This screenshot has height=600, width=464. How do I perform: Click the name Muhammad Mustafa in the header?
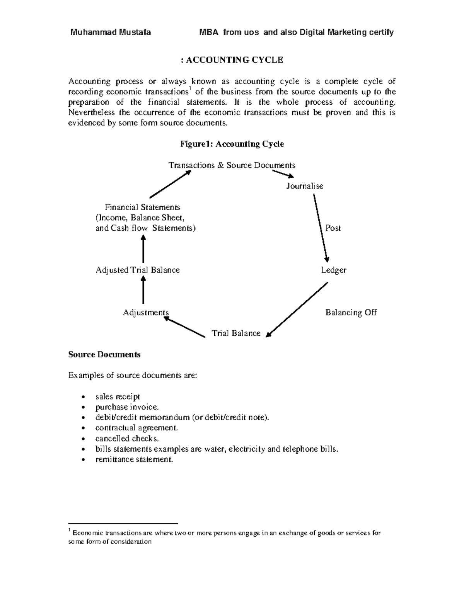click(x=110, y=32)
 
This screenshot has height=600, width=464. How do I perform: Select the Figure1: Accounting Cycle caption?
click(x=232, y=144)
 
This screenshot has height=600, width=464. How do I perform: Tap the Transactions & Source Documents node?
click(x=232, y=165)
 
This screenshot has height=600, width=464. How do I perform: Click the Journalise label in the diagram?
click(x=305, y=186)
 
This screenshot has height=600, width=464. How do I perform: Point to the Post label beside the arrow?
click(x=333, y=228)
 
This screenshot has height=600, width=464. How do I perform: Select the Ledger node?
click(x=333, y=270)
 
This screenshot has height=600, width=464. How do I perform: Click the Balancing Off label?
click(x=351, y=313)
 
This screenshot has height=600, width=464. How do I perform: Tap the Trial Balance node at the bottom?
click(x=236, y=333)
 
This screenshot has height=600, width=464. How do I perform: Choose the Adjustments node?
click(x=146, y=313)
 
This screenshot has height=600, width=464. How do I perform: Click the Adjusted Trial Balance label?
click(x=138, y=270)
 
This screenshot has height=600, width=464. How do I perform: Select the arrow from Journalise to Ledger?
click(x=321, y=228)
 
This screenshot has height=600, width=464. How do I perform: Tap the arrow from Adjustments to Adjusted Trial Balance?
click(x=143, y=291)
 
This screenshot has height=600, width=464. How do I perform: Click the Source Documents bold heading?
click(x=104, y=355)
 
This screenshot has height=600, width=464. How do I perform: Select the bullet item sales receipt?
click(x=118, y=397)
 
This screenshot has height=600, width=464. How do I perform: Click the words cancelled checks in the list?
click(x=127, y=439)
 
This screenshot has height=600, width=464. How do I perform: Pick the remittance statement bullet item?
click(x=134, y=460)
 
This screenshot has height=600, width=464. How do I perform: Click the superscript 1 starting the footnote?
click(x=69, y=530)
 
